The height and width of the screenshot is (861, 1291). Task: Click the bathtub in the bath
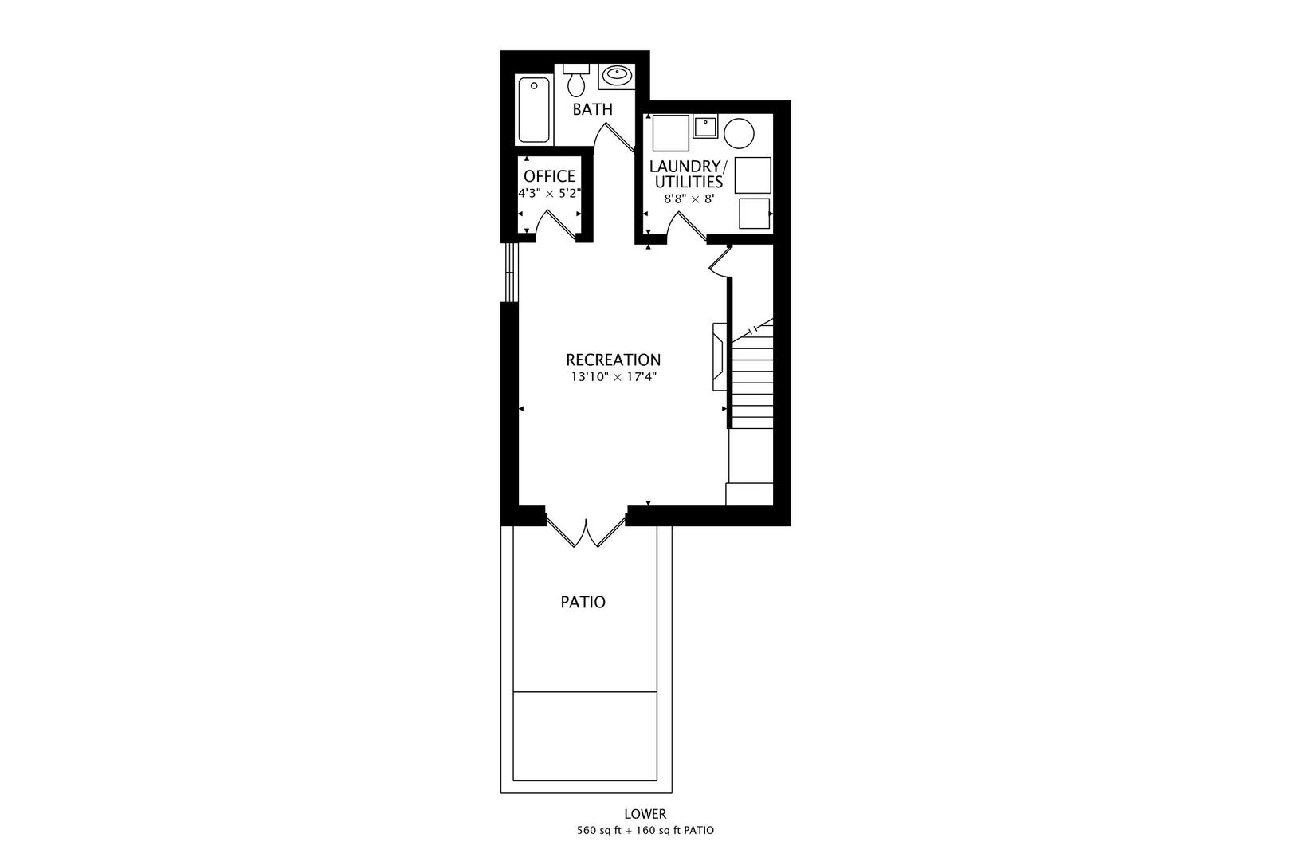(534, 109)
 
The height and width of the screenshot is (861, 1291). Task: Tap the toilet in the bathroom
(576, 80)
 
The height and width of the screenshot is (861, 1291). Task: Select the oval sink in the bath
(617, 76)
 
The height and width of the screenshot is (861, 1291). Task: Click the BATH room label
(593, 109)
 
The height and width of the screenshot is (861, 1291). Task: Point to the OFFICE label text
(549, 176)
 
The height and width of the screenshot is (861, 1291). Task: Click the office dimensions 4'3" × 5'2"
(549, 194)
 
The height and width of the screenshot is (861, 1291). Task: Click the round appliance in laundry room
(739, 133)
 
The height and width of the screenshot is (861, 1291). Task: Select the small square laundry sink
(705, 126)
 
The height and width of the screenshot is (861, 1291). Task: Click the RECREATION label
(613, 360)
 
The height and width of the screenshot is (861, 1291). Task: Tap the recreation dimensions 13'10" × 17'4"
(613, 377)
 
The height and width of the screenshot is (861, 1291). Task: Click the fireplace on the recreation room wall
(719, 356)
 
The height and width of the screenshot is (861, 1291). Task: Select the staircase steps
(752, 379)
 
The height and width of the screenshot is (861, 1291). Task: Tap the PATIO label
(583, 602)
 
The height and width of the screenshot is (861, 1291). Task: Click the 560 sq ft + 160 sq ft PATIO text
(645, 831)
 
